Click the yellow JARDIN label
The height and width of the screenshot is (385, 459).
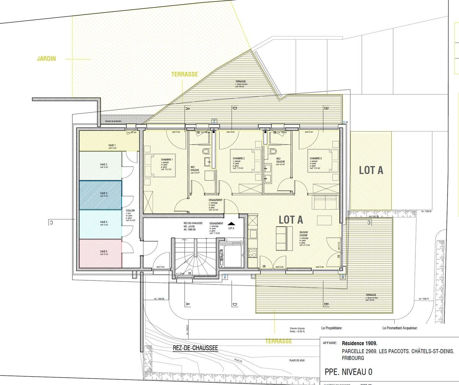pos(46,59)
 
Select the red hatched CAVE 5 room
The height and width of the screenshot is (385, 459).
pos(101,253)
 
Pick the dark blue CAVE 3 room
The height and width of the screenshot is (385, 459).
pos(101,195)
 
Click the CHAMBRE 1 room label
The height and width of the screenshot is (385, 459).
pos(167,159)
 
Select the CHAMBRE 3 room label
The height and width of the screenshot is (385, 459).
pos(316,158)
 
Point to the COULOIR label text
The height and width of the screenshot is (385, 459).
pos(130,211)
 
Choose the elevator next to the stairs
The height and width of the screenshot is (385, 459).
pos(232,254)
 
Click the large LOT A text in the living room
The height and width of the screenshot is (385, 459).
pos(291,220)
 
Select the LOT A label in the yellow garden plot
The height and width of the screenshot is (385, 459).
pos(371,171)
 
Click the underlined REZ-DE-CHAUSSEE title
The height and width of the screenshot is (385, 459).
pos(195,348)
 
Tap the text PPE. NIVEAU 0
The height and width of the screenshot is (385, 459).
pos(348,372)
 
